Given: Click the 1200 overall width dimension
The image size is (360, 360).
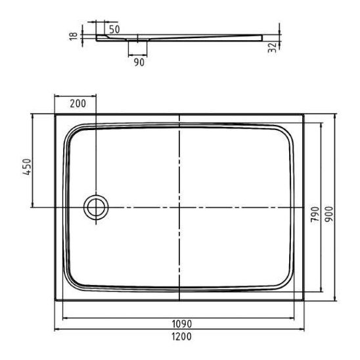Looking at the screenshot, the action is pos(181,336).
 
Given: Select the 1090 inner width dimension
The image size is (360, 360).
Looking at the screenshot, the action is pos(181,324).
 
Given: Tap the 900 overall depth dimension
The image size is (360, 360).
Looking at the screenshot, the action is pos(329,214).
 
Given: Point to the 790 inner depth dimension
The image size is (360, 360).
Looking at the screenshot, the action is pos(315,214).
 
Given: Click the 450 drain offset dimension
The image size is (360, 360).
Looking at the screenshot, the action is pos(27,167).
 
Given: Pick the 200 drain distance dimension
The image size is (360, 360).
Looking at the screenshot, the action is pos(78,104).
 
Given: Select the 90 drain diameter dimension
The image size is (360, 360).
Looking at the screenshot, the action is pos(139,62).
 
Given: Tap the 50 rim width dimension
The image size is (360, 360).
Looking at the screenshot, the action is pos(114,30).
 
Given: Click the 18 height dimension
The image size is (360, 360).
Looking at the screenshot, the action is pos(74,36).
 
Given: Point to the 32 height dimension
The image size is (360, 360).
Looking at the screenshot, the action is pos(273,47).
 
